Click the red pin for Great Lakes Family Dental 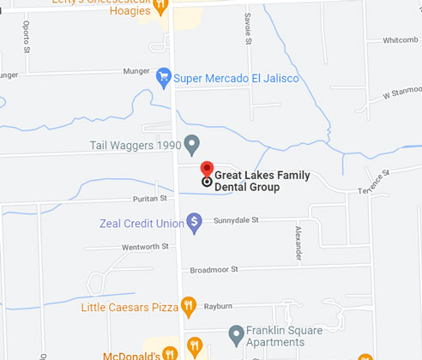[206, 169]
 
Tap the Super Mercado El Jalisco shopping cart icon [163, 79]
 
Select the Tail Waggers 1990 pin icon [192, 143]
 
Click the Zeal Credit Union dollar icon [195, 223]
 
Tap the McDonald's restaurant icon [170, 353]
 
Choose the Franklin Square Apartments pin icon [237, 333]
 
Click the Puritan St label [149, 199]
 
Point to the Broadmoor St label [214, 269]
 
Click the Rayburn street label [219, 305]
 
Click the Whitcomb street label [400, 40]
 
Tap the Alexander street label [298, 243]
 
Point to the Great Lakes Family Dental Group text [262, 182]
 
